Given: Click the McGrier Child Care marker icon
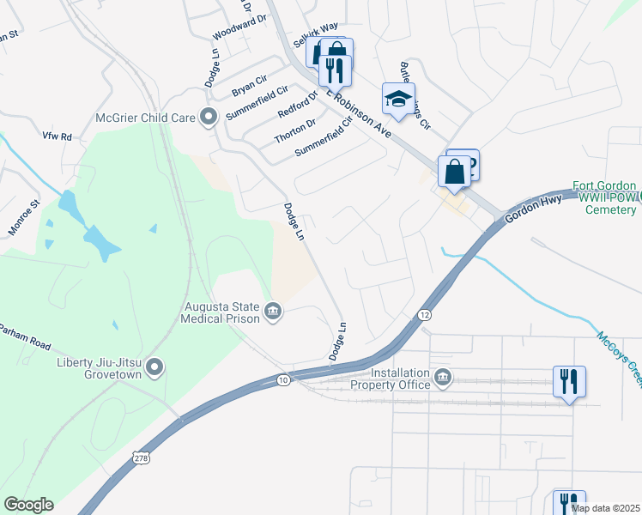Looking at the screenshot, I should tap(208, 118).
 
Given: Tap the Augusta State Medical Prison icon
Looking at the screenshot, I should tap(273, 310).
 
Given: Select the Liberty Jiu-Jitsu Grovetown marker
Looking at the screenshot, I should tap(154, 368).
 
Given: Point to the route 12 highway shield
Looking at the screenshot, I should tap(425, 316).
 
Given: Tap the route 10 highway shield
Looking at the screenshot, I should tap(283, 379).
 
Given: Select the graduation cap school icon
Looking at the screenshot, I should tap(398, 100).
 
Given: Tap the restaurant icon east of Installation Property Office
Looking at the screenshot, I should tap(569, 381).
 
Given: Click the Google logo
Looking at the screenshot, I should tap(28, 505).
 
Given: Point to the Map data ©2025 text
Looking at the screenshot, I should tap(605, 508).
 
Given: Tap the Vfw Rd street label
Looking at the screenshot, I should tap(57, 136).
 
